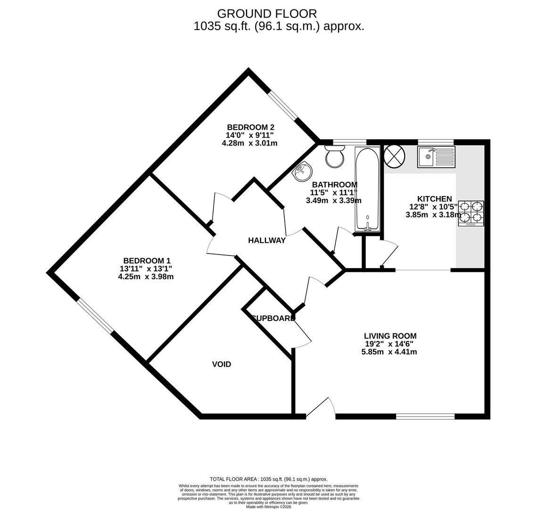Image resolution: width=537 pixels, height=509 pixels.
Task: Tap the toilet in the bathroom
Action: tap(335, 157)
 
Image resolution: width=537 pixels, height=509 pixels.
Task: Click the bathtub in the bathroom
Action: tap(367, 189)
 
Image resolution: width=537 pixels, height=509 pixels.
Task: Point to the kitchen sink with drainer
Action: tap(436, 157)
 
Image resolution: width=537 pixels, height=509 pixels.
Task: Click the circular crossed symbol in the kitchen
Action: tap(394, 156)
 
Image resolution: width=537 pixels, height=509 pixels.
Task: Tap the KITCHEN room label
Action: tap(434, 199)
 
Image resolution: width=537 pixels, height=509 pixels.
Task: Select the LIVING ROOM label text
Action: tap(390, 336)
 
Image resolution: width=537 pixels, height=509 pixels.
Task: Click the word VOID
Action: tap(221, 364)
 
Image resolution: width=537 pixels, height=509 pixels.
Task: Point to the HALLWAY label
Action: tap(267, 240)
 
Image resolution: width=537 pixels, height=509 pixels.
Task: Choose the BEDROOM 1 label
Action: tap(147, 261)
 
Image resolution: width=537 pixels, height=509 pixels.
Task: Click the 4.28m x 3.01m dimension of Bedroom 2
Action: tap(249, 143)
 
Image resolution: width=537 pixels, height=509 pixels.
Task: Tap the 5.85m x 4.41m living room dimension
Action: tap(389, 352)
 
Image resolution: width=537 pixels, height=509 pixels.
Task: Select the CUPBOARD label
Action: tap(273, 318)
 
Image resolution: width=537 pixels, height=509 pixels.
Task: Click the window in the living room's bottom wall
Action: tap(425, 416)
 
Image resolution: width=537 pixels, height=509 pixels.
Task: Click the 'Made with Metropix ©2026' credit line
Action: tap(268, 507)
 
